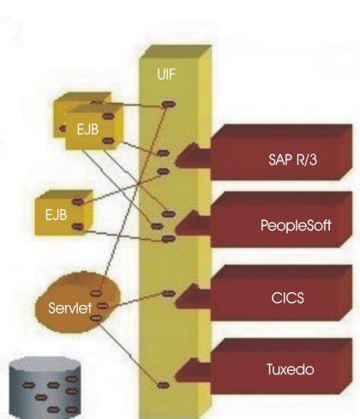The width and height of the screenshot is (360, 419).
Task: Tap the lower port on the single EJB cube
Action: point(78,226)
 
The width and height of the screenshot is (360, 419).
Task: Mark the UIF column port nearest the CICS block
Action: point(168,294)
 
